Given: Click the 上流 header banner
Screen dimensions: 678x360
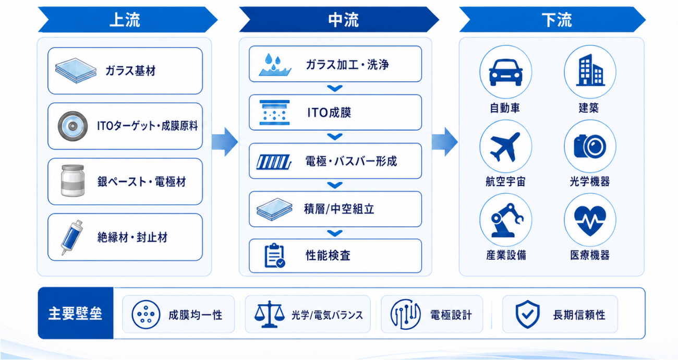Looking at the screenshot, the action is (128, 20).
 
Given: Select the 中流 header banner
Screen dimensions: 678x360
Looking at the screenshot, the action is (339, 20).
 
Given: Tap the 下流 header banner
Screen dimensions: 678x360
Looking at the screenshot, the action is (552, 20).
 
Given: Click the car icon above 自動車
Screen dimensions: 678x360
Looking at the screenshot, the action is (506, 73).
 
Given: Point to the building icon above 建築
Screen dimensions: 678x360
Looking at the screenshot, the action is (590, 70).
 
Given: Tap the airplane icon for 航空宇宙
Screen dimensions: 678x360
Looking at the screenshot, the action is (505, 147).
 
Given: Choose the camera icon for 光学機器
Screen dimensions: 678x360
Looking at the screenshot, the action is (590, 146).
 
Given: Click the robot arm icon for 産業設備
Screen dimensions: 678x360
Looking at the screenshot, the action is (506, 220).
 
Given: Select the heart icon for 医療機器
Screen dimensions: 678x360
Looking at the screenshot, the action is (590, 221).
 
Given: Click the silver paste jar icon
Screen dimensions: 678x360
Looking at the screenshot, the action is (72, 181).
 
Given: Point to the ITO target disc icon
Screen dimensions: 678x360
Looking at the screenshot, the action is (72, 126).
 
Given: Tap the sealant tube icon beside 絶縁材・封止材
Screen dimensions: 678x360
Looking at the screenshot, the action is (72, 237).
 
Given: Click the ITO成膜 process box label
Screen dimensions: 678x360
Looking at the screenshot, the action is (329, 113).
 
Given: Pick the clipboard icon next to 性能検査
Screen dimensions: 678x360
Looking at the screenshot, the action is (274, 256).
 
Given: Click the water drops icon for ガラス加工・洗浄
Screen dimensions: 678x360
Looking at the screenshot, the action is (275, 65).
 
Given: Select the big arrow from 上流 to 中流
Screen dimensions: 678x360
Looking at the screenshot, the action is (225, 142).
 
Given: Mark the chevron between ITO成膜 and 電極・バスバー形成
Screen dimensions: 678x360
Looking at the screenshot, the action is (335, 137).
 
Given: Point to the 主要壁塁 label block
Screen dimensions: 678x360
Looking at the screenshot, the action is (76, 313).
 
